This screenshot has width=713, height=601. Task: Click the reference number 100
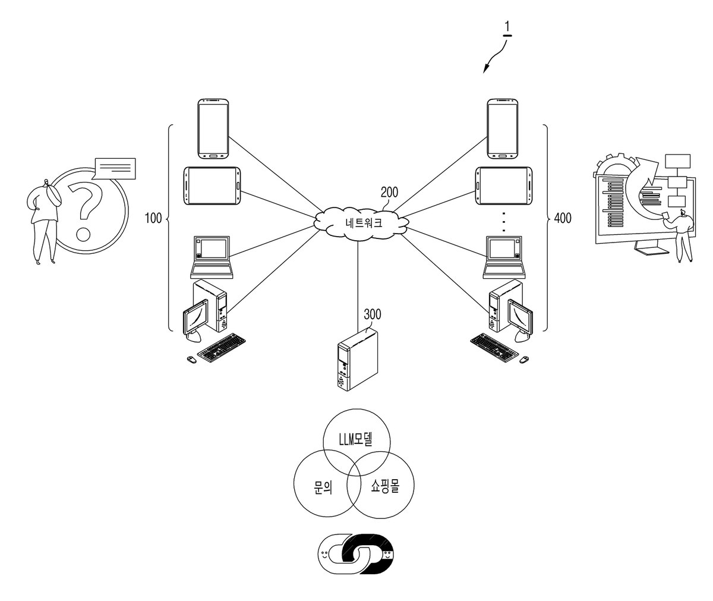click(x=153, y=218)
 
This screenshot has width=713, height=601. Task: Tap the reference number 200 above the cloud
click(x=389, y=193)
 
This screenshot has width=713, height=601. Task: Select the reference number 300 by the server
click(x=372, y=314)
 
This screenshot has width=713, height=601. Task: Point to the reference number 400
click(x=563, y=218)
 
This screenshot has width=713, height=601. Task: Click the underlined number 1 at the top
click(x=507, y=27)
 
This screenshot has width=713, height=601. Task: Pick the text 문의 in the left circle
click(x=323, y=487)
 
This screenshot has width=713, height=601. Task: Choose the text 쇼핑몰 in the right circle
click(x=385, y=486)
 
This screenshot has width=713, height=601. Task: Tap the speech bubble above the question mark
click(x=115, y=169)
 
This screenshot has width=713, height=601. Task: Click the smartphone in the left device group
click(x=213, y=129)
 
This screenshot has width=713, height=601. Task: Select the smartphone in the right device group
click(x=503, y=129)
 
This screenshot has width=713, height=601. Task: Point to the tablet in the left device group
click(x=212, y=186)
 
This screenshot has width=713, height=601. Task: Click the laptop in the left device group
click(x=212, y=257)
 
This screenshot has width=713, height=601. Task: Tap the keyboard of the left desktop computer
click(x=222, y=347)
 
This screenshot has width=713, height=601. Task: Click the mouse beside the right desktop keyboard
click(x=524, y=359)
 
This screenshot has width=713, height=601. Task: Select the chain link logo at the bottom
click(x=358, y=553)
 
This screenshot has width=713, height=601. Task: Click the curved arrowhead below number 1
click(x=486, y=69)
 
